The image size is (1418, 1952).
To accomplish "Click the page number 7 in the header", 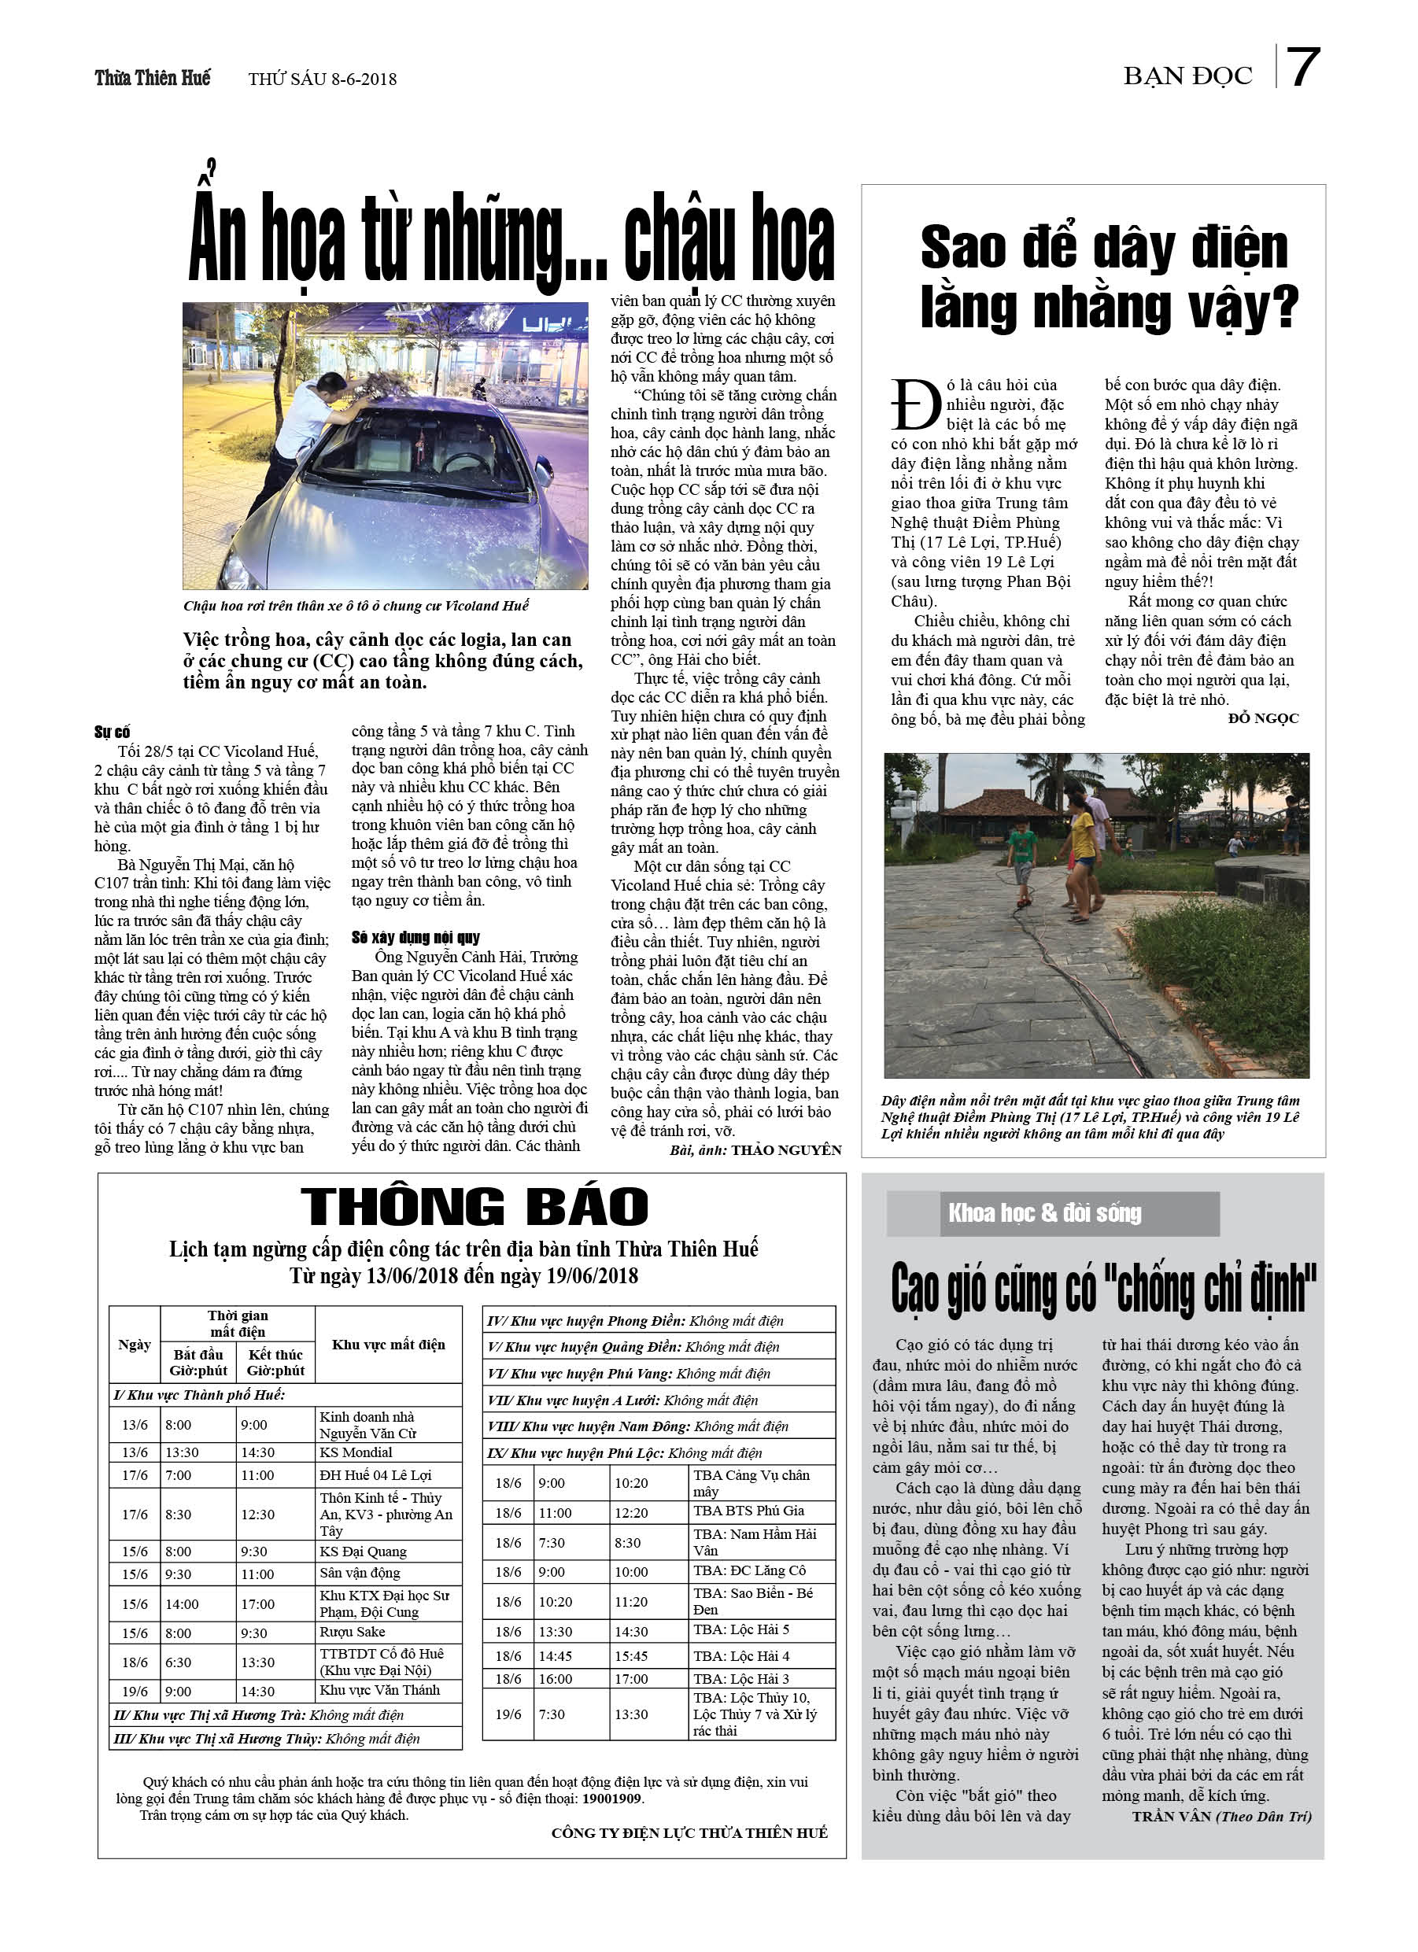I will pyautogui.click(x=1302, y=67).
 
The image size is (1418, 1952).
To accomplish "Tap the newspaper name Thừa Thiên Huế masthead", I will pyautogui.click(x=153, y=79).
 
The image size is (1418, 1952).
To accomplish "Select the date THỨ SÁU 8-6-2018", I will pyautogui.click(x=322, y=79).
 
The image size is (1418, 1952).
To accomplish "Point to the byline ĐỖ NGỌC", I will pyautogui.click(x=1263, y=718).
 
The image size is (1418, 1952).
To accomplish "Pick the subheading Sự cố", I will pyautogui.click(x=112, y=732).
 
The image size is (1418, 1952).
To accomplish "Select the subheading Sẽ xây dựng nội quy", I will pyautogui.click(x=415, y=937).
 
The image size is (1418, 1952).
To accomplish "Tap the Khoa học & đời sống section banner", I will pyautogui.click(x=1044, y=1213).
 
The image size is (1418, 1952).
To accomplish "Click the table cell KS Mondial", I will pyautogui.click(x=356, y=1452).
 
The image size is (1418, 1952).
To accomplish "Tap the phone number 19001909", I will pyautogui.click(x=611, y=1799).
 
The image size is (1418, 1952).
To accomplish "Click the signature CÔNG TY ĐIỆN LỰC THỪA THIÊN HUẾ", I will pyautogui.click(x=689, y=1833).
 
